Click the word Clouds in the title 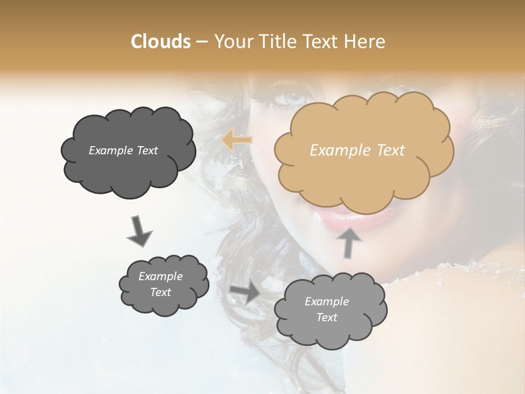click(161, 42)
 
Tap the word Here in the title click(366, 42)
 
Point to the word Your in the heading click(234, 42)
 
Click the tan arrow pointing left click(237, 141)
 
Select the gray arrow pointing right click(245, 293)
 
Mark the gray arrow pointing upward click(349, 242)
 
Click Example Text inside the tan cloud click(357, 150)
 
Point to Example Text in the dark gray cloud click(123, 150)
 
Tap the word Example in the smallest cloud click(160, 277)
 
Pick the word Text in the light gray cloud click(326, 317)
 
